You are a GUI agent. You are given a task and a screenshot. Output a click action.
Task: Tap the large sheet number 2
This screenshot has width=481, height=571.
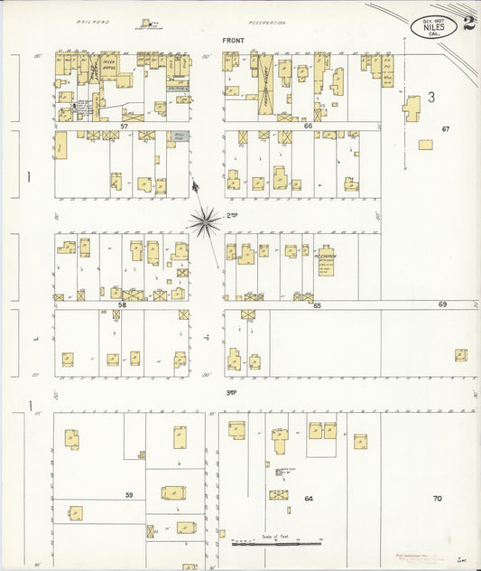tap(469, 23)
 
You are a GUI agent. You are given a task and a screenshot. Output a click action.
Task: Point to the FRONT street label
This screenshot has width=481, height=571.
tap(233, 41)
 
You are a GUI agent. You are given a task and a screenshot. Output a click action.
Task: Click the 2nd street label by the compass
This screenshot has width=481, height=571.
tap(231, 215)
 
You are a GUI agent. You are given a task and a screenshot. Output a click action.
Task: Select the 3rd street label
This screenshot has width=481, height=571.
tap(231, 391)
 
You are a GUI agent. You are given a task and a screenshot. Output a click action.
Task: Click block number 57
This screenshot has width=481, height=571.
tap(124, 126)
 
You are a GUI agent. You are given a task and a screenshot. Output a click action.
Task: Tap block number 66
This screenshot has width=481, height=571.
tap(308, 126)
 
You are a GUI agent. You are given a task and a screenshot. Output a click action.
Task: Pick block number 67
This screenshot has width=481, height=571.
tap(445, 129)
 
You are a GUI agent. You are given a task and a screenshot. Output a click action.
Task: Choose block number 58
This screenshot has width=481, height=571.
tap(122, 305)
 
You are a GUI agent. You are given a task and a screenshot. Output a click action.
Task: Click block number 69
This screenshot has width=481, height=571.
tap(442, 304)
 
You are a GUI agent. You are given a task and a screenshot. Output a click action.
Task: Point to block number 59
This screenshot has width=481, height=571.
tap(129, 494)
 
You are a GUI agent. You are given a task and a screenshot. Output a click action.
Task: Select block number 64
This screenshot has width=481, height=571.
tap(308, 498)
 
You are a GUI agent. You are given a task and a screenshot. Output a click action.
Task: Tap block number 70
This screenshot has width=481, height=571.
tap(437, 498)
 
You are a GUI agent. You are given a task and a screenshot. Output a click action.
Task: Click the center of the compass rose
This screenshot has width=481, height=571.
tap(205, 219)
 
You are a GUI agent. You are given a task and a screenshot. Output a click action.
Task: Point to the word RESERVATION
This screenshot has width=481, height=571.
tap(267, 23)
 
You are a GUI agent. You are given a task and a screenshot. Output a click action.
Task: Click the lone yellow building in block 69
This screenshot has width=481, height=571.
tap(460, 355)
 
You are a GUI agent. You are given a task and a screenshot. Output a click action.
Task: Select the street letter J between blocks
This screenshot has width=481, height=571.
tap(208, 339)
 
